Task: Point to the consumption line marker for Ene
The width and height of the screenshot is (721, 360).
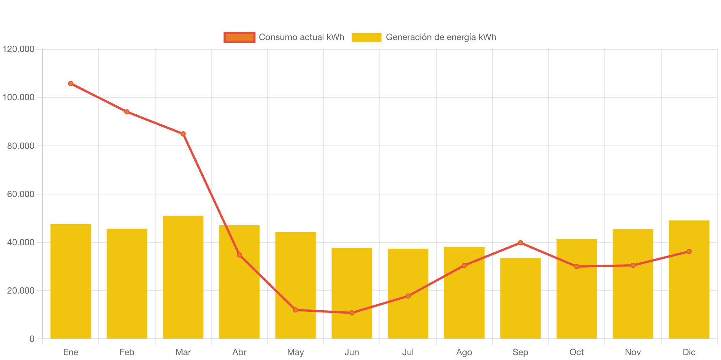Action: pos(71,84)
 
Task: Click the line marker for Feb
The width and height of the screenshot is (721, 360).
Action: pos(127,112)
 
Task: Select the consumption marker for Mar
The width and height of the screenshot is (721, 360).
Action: pos(183,134)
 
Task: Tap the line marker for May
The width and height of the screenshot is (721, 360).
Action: pos(296,310)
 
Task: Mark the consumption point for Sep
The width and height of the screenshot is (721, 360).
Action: pos(520,243)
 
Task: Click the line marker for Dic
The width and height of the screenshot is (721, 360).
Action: pos(689,252)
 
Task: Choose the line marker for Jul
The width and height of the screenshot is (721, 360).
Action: pos(408,296)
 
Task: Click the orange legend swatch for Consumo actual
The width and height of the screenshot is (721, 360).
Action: pos(239,37)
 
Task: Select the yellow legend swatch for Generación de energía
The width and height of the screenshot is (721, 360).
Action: pos(366,37)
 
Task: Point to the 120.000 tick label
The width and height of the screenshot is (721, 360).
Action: pos(18,49)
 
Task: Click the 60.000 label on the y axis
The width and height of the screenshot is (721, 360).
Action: pos(20,194)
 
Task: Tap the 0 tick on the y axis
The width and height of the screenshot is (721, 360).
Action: pos(32,339)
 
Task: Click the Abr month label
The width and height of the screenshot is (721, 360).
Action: pos(239,352)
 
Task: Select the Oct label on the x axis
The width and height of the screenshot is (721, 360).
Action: pos(577,352)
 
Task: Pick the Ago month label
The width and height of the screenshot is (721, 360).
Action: pos(464,352)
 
